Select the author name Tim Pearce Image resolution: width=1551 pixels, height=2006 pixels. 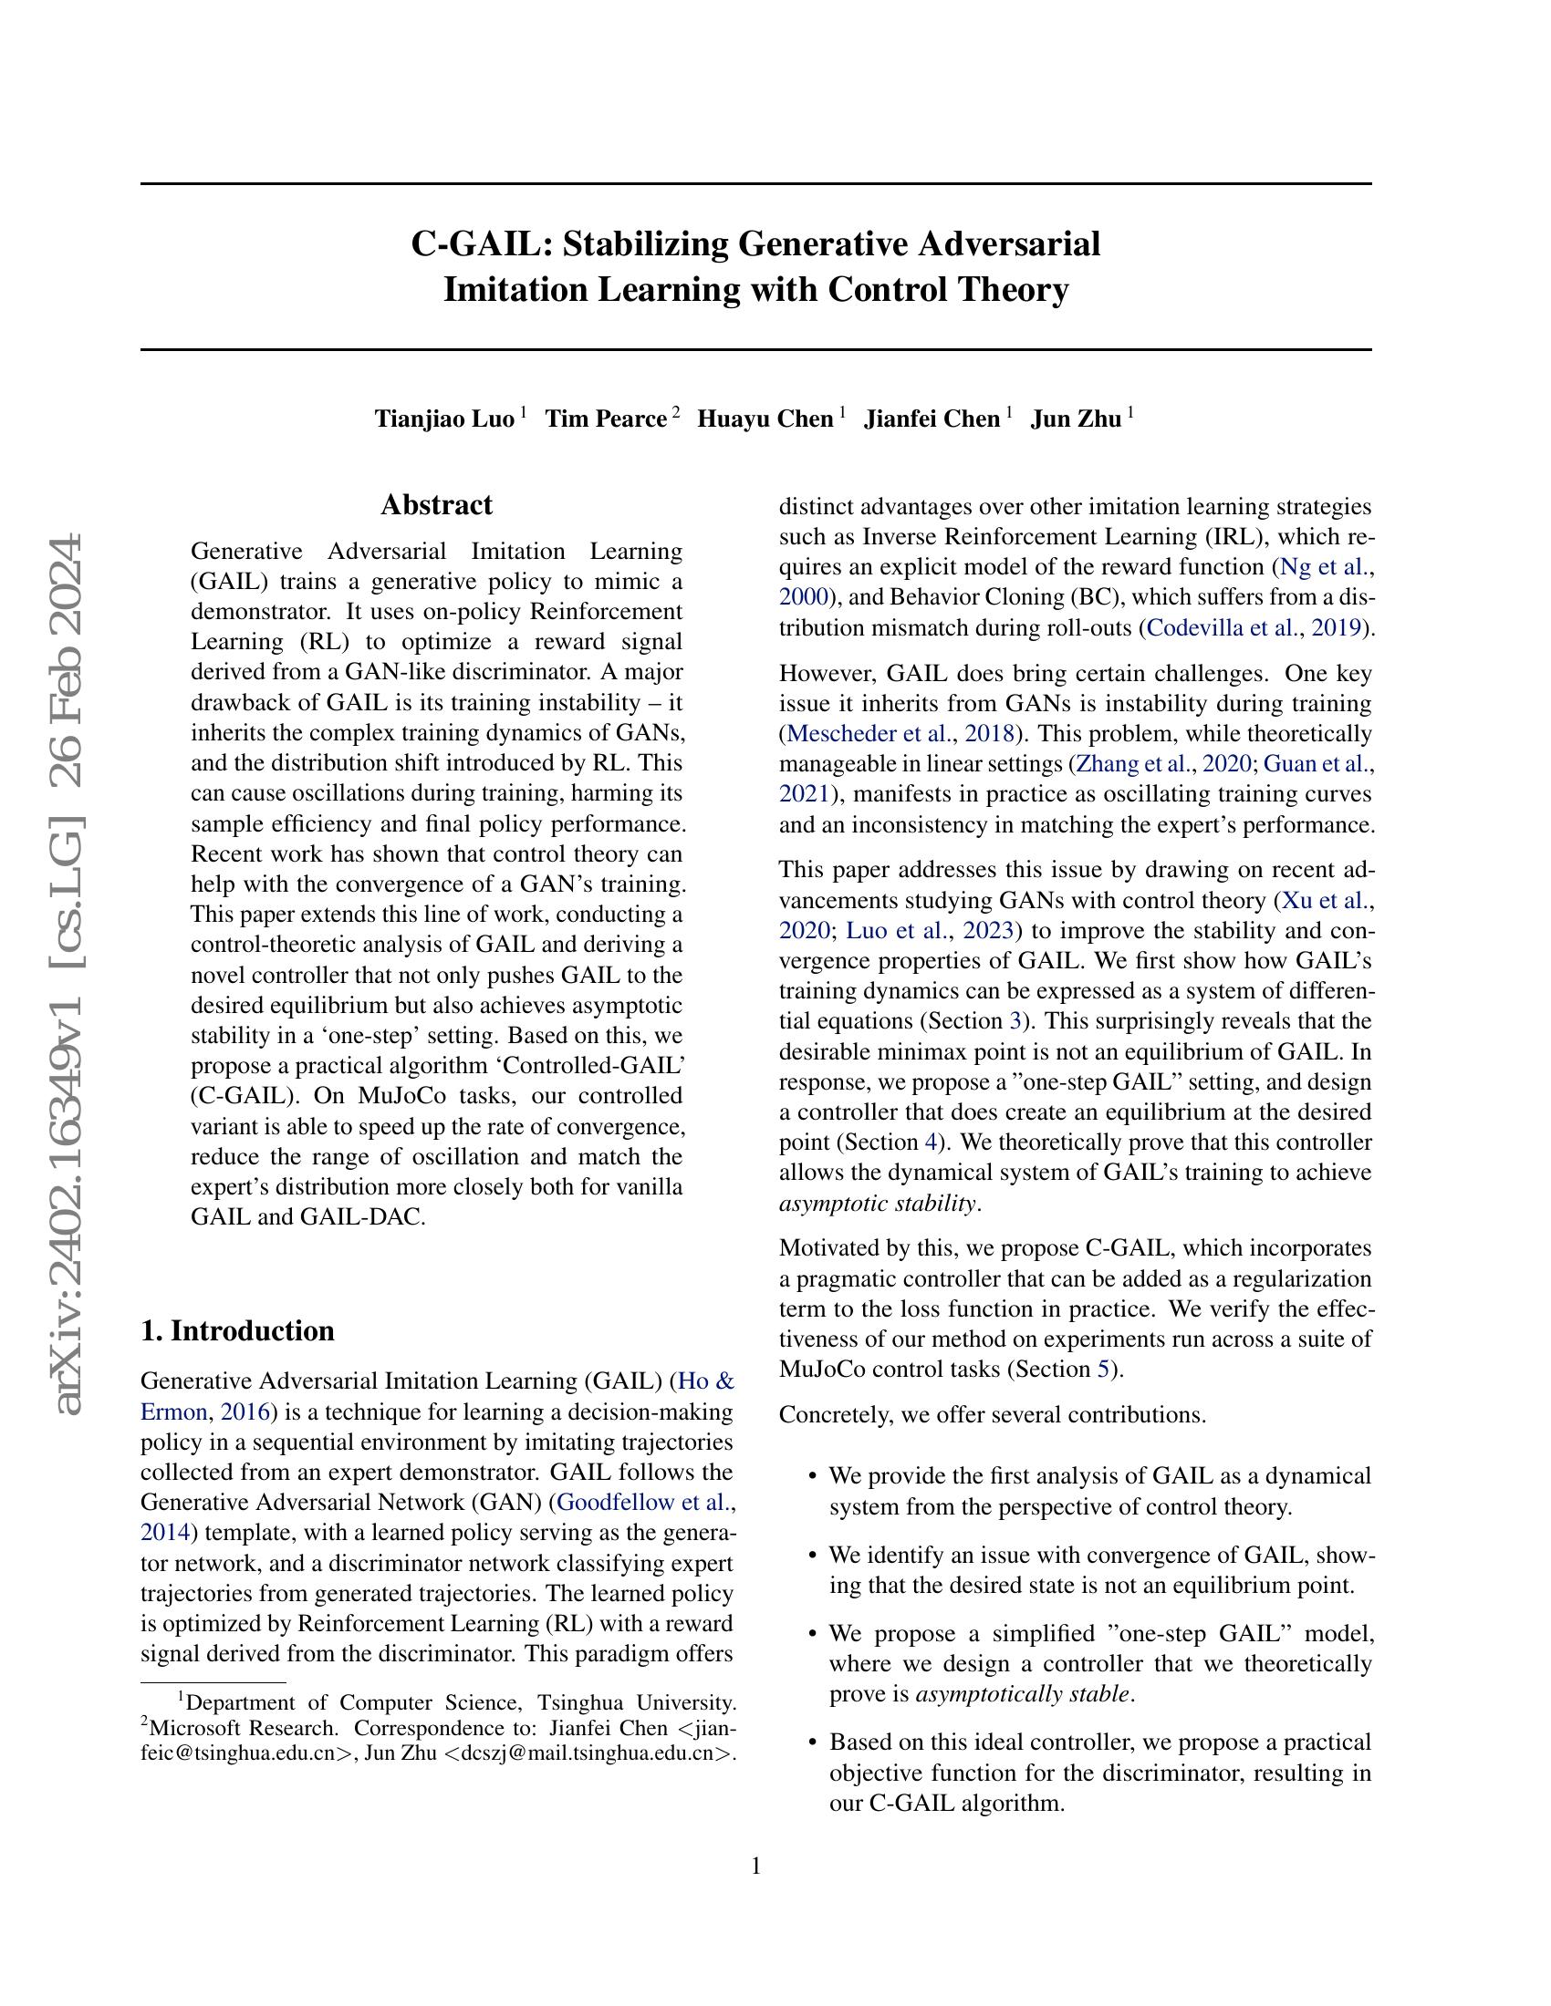tap(606, 419)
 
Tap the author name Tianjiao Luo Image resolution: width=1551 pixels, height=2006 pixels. tap(443, 419)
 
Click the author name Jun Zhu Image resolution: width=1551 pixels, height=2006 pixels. tap(1075, 419)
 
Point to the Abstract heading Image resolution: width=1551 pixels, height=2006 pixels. tap(436, 505)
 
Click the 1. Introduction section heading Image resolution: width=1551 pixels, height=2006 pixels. tap(237, 1331)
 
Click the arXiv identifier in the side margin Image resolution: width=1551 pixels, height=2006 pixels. tap(69, 974)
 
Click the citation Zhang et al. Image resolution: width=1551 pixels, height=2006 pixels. tap(1133, 764)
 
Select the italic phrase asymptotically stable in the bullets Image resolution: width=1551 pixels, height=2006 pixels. tap(1023, 1693)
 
